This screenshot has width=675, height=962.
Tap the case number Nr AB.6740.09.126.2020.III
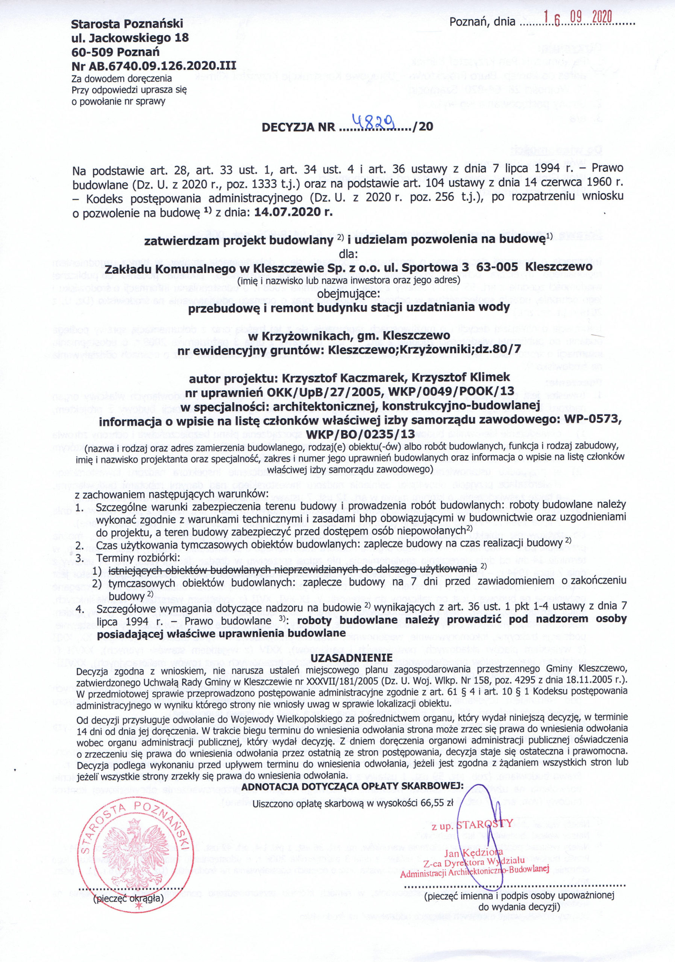(153, 65)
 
